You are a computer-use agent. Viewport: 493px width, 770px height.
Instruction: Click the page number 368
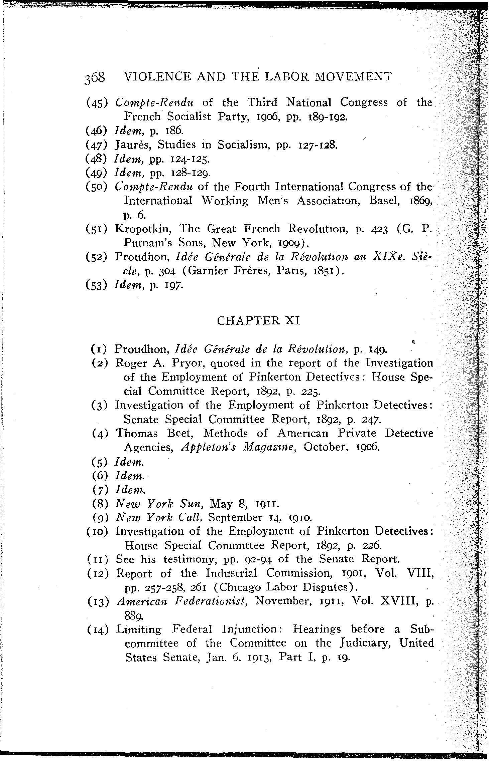(95, 78)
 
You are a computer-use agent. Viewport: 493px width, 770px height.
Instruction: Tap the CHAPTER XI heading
(258, 320)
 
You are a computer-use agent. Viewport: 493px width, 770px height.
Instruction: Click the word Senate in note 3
(142, 420)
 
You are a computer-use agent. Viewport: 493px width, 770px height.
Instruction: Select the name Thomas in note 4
(137, 434)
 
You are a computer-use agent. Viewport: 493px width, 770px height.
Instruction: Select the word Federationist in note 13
(211, 601)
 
